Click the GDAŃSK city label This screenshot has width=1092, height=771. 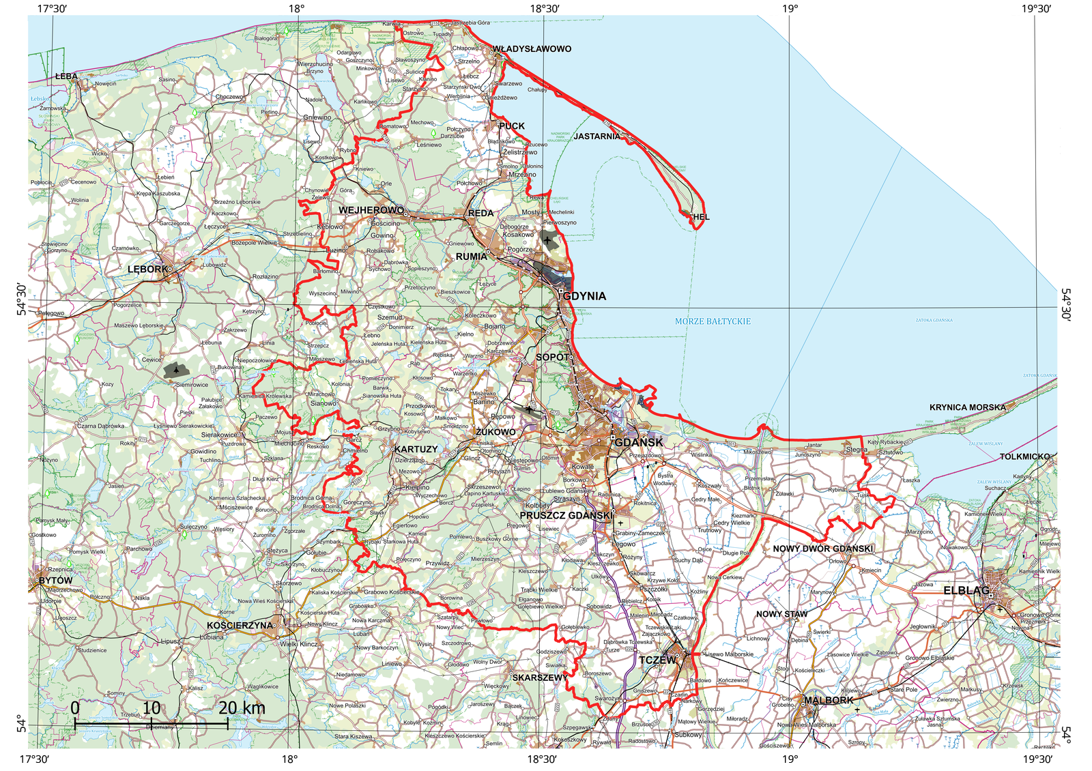click(x=639, y=443)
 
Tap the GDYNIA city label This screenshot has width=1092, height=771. click(x=584, y=296)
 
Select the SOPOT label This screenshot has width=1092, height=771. click(x=551, y=357)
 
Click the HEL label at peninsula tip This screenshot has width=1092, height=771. click(x=701, y=217)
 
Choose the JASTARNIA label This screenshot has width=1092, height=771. click(x=597, y=136)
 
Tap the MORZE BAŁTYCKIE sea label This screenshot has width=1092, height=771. click(x=713, y=321)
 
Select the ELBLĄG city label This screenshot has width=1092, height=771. click(x=966, y=590)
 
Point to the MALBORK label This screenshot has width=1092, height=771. click(x=828, y=700)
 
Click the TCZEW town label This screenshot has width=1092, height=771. click(x=657, y=660)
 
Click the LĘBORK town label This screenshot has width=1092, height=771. click(x=147, y=270)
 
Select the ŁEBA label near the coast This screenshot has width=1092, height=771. click(x=66, y=76)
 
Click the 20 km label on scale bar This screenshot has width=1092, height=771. click(x=242, y=708)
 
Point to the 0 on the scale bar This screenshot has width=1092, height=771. click(x=74, y=708)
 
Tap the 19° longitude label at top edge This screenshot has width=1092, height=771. click(x=790, y=9)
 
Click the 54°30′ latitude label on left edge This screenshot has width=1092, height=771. click(x=22, y=300)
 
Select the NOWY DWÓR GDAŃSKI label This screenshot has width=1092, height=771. click(x=822, y=549)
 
